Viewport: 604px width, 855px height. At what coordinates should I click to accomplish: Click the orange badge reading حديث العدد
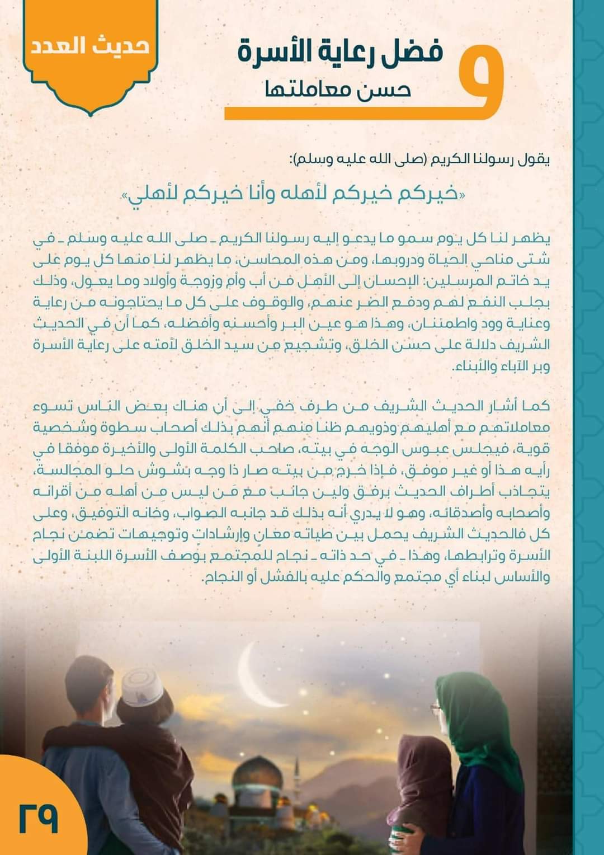[88, 46]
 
